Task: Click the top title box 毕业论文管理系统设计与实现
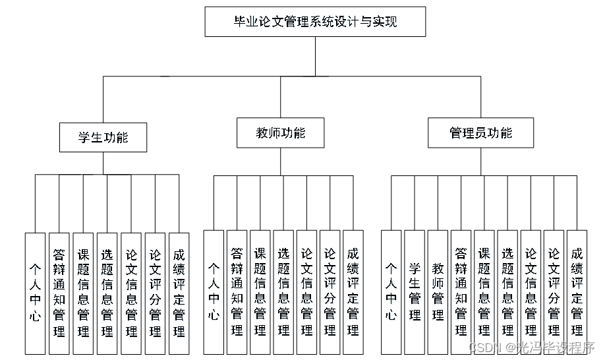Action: pos(315,22)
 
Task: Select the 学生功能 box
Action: pos(103,137)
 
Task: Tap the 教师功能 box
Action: pos(280,133)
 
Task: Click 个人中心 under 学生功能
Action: pos(36,292)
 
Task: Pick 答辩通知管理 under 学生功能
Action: pos(59,292)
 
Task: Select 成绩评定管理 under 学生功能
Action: pos(179,292)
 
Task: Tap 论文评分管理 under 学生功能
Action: pos(155,292)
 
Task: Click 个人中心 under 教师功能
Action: pos(214,291)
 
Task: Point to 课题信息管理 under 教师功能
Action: pos(260,291)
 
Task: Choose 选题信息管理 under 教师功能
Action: pos(283,291)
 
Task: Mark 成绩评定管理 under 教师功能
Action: pos(353,291)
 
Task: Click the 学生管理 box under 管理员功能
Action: pos(415,291)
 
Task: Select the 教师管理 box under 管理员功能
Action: pos(438,291)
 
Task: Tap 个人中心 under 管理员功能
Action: pos(391,291)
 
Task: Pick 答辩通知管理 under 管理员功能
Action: pos(461,291)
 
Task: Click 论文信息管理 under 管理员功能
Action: pos(531,291)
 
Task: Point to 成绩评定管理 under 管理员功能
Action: pos(577,291)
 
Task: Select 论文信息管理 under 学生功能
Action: pos(131,292)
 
